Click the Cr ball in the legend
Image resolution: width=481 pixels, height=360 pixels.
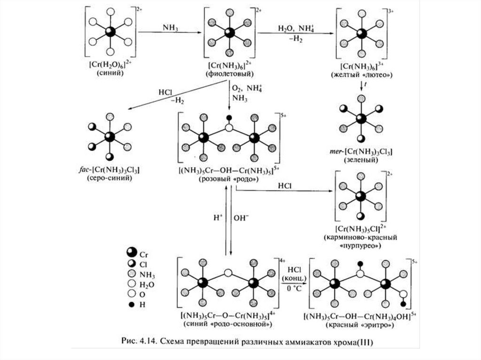click(x=132, y=252)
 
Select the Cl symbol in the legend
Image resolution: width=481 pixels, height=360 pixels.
click(x=132, y=263)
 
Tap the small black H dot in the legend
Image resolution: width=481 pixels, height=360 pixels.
click(x=132, y=305)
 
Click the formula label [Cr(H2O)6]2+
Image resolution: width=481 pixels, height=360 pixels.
click(x=111, y=64)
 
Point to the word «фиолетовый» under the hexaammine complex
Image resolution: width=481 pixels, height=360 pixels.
click(x=229, y=74)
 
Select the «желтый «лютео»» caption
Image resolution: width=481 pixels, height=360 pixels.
click(x=362, y=75)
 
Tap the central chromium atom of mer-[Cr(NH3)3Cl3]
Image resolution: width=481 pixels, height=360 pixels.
click(x=361, y=119)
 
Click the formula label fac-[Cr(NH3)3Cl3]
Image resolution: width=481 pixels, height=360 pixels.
click(x=109, y=169)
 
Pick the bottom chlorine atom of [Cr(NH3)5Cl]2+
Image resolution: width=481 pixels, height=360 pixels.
click(x=361, y=216)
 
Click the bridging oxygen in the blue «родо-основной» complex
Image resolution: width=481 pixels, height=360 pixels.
click(x=228, y=272)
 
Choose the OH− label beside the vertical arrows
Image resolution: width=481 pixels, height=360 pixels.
click(x=241, y=218)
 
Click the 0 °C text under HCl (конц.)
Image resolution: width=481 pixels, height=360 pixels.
click(x=294, y=288)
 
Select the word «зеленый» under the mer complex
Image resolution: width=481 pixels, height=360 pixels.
click(x=361, y=160)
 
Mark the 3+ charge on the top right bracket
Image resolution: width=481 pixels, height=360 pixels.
click(x=391, y=11)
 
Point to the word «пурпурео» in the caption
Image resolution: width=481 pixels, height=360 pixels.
click(x=360, y=246)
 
